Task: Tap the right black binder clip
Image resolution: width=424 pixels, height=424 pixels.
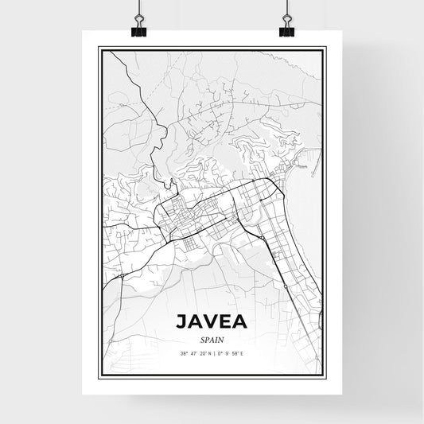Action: (x=286, y=29)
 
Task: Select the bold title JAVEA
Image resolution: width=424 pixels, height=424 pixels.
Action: (x=212, y=322)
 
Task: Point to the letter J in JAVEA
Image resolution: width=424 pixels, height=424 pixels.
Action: (x=180, y=322)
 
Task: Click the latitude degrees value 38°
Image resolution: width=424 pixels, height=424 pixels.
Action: (x=184, y=354)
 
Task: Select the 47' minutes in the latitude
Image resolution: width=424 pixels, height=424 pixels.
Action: (x=193, y=354)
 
